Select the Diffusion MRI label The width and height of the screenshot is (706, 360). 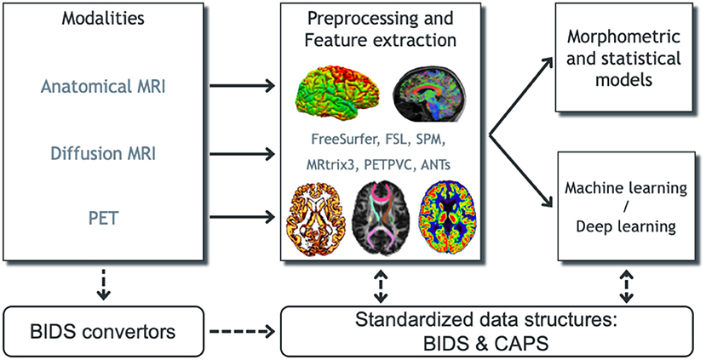[x=103, y=153]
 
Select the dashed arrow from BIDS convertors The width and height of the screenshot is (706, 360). [x=242, y=329]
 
